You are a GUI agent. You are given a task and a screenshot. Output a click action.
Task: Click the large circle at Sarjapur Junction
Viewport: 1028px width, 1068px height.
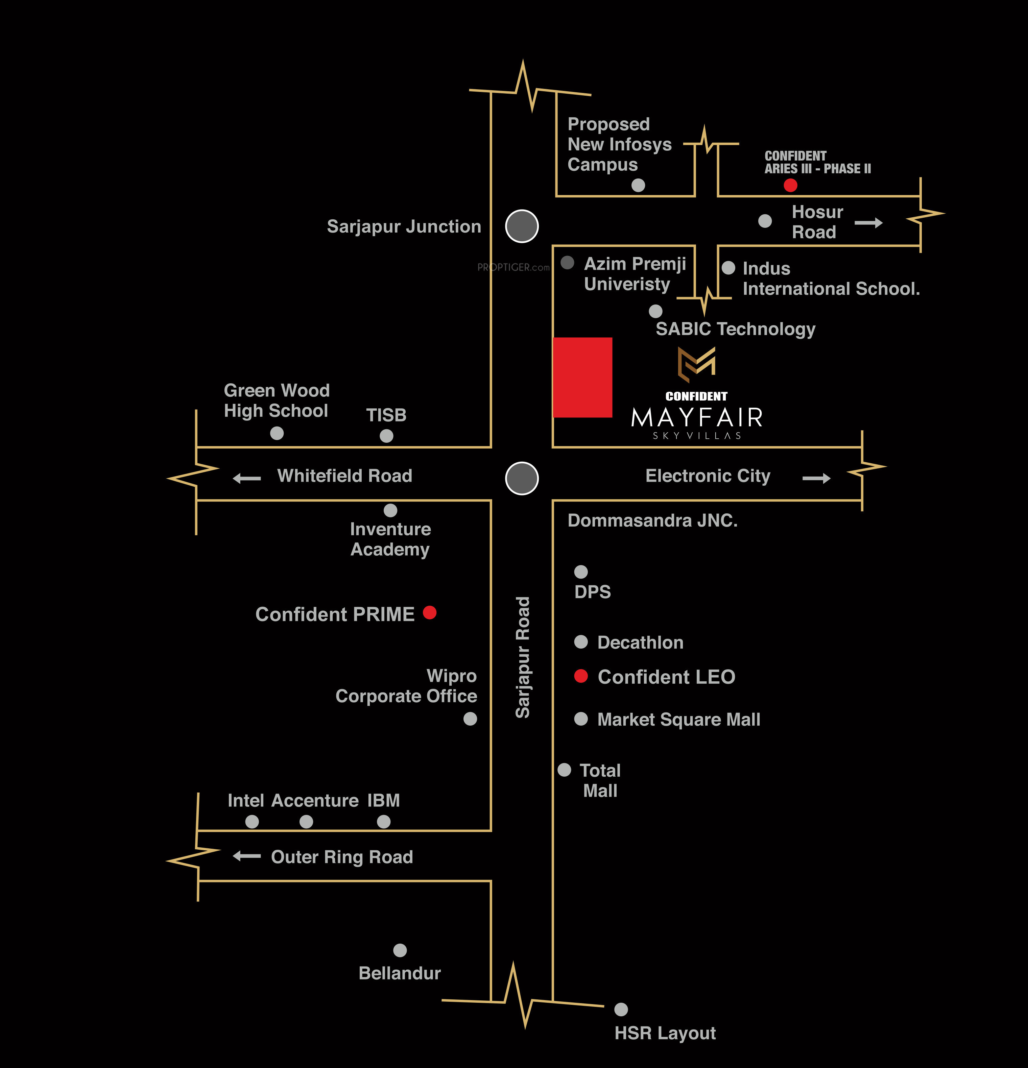pos(522,226)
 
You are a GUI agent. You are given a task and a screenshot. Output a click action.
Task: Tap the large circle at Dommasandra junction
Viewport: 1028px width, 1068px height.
pos(522,479)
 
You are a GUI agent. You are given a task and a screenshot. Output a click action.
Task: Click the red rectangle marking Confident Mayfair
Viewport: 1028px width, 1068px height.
pos(582,377)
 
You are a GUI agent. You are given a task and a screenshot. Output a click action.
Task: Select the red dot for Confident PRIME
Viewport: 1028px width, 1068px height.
pos(430,612)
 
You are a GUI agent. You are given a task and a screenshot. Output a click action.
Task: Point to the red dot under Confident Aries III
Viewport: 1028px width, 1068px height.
pos(790,185)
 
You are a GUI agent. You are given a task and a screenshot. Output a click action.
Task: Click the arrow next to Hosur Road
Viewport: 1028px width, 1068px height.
pos(868,222)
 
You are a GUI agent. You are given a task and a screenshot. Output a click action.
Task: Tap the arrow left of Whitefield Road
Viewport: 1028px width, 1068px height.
pos(247,479)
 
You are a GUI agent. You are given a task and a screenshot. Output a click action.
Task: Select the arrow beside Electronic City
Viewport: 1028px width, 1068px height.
pos(816,479)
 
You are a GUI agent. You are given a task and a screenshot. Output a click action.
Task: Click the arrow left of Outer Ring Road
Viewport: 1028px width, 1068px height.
pos(247,856)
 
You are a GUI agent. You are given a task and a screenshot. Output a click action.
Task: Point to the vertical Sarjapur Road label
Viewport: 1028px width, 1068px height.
pos(523,657)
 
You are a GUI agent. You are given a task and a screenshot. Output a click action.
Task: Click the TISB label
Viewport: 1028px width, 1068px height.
pos(386,415)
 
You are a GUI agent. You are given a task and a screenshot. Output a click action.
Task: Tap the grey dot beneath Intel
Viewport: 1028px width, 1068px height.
pos(252,822)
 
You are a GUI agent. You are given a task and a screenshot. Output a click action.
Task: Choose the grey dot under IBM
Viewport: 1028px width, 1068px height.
pos(384,822)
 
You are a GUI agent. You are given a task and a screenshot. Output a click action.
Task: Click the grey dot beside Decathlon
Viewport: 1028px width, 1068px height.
pos(581,642)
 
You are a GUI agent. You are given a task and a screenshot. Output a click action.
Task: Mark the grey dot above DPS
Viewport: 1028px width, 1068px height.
pos(581,572)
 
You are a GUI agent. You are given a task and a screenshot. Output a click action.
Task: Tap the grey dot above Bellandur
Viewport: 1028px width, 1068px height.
pos(400,950)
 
